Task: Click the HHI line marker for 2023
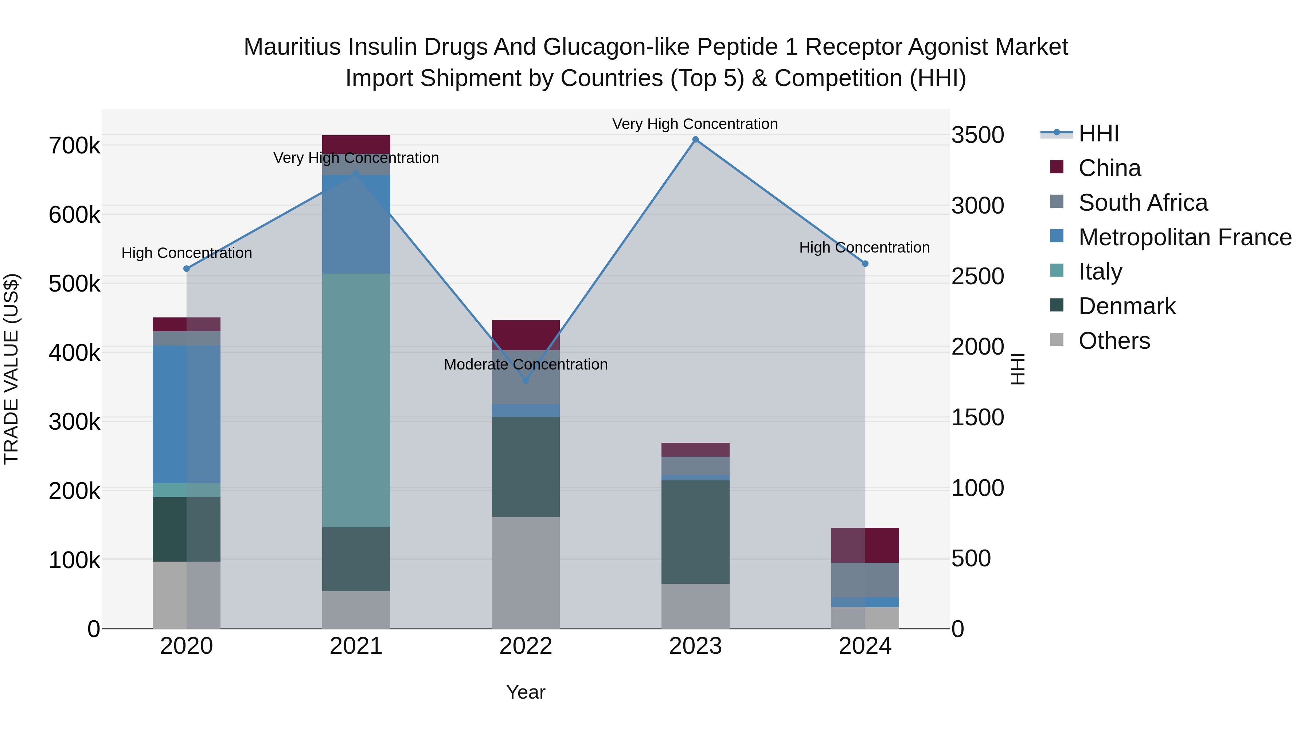tap(695, 140)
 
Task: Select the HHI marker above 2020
tap(186, 268)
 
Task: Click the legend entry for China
tap(1109, 168)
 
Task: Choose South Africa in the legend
tap(1143, 203)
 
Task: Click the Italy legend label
tap(1100, 272)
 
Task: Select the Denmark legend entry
tap(1126, 306)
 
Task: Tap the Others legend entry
tap(1114, 341)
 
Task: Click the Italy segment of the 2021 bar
tap(356, 400)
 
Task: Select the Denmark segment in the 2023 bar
tap(695, 531)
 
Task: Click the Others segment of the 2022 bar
tap(526, 573)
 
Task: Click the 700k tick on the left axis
tap(74, 146)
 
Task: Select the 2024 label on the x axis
tap(865, 646)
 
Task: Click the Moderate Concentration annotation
tap(526, 365)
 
